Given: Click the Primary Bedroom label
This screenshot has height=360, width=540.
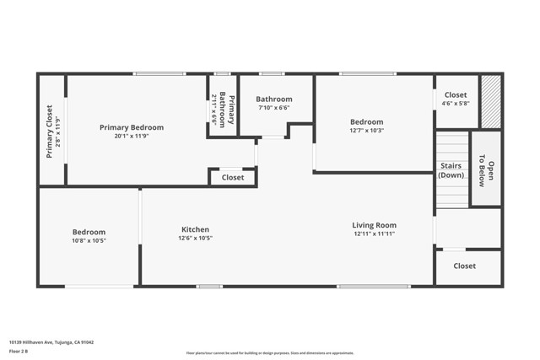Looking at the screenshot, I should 132,127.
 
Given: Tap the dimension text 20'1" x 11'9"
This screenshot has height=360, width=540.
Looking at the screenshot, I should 132,137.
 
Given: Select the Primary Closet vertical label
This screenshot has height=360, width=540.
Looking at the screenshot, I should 49,132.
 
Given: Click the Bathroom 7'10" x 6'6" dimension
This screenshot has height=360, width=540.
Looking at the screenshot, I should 273,108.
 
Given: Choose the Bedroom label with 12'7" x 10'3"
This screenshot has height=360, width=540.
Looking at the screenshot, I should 366,121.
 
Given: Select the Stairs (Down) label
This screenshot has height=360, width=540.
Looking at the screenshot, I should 451,169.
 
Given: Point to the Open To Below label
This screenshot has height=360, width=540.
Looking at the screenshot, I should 486,169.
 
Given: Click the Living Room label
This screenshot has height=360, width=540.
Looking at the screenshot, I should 374,225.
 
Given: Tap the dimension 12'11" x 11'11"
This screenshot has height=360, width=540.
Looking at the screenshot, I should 374,234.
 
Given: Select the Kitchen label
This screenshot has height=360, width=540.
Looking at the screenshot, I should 195,229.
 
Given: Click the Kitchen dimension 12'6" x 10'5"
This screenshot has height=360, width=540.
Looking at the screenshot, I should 195,239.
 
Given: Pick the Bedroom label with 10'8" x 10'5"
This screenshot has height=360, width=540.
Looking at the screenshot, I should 89,232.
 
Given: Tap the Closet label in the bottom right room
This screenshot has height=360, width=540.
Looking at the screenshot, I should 464,266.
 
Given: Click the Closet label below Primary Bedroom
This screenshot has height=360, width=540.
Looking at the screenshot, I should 233,177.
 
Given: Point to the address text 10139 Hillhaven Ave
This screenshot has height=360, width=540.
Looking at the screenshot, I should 51,341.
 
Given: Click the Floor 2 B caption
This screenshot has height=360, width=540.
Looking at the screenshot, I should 19,351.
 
